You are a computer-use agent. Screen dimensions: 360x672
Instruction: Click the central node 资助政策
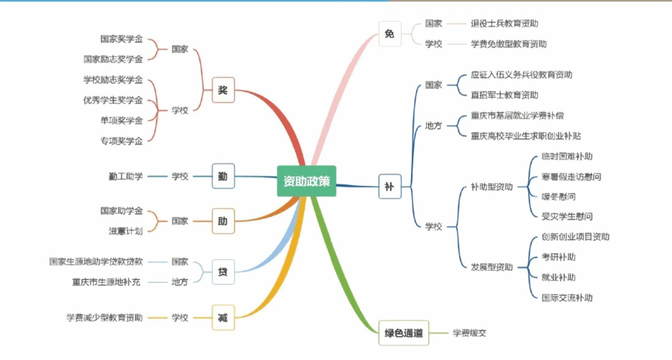pos(307,181)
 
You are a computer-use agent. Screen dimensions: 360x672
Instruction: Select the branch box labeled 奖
pos(223,90)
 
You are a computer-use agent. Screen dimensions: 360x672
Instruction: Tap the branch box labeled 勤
pos(223,176)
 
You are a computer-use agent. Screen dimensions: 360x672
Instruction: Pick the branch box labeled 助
pos(223,221)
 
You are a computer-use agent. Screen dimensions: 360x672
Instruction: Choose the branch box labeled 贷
pos(223,272)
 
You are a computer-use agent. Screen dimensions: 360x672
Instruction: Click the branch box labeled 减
pos(223,318)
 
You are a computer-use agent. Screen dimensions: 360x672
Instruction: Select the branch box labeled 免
pos(390,34)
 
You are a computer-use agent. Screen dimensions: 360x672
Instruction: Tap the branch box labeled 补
pos(390,186)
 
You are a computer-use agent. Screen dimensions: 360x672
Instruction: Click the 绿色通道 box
pos(404,333)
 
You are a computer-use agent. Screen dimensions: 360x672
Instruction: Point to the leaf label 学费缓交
pos(469,333)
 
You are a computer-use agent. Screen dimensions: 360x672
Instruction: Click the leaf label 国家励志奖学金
pos(113,59)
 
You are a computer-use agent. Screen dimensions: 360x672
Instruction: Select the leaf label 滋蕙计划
pos(126,231)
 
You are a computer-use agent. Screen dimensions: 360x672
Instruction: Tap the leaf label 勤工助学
pos(126,176)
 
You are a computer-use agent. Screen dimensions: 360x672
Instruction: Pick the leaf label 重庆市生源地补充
pos(106,282)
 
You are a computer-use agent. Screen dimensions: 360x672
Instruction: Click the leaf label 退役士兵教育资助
pos(504,24)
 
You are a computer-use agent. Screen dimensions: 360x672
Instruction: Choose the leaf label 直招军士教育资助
pos(504,95)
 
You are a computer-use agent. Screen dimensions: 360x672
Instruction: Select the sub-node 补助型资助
pos(492,187)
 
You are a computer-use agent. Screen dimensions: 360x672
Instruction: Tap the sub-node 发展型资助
pos(492,267)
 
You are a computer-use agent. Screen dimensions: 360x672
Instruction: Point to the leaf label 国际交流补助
pos(567,297)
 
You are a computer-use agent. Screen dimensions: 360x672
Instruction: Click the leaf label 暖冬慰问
pos(558,196)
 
